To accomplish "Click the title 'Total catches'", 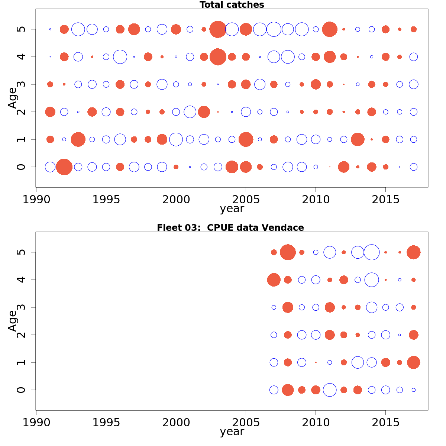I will coord(232,5).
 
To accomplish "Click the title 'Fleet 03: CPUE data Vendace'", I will coord(230,228).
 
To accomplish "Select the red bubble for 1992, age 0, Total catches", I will coord(64,167).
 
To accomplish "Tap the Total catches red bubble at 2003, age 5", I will coord(218,29).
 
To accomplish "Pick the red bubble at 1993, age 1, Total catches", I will coord(78,139).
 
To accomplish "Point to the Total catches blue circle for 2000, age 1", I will coord(176,139).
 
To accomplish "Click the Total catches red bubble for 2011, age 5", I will coord(330,29).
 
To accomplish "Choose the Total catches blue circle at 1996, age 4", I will coord(120,57).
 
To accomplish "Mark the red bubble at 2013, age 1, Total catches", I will coord(358,139).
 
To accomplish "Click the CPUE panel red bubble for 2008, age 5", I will coord(288,252).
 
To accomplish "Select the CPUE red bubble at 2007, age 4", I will coord(274,280).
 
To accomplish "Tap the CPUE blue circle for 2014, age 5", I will coord(372,252).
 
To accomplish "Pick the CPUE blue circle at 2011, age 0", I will coord(330,390).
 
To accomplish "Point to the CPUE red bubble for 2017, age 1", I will coord(413,362).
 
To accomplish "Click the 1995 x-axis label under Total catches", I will coord(106,200).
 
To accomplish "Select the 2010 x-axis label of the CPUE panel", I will coord(316,423).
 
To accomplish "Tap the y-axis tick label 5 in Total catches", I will coord(22,29).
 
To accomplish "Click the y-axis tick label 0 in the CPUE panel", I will coord(22,390).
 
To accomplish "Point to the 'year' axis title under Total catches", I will coord(232,209).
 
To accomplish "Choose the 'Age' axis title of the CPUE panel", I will coord(13,321).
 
